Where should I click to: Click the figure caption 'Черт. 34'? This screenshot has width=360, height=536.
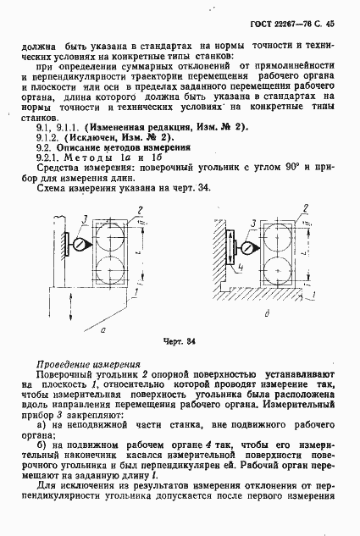click(180, 342)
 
